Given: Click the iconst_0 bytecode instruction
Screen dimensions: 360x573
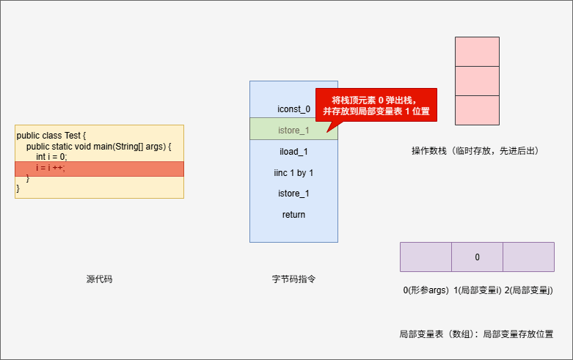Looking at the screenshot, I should point(293,109).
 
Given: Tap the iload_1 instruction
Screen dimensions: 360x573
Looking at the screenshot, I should point(293,152).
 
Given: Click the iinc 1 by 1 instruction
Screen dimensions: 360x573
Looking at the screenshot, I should point(293,173).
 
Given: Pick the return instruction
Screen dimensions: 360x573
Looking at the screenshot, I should point(293,215).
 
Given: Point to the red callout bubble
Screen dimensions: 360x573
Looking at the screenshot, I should point(376,106).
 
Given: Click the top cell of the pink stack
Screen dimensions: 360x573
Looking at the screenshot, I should point(477,51).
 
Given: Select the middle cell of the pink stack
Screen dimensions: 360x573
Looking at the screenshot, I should point(477,81).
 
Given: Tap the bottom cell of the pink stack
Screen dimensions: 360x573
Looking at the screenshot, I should point(477,110).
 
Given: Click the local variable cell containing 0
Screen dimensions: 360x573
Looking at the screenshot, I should point(477,257).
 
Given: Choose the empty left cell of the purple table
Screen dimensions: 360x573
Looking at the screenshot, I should point(426,257).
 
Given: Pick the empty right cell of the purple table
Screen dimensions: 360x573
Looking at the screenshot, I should point(528,257).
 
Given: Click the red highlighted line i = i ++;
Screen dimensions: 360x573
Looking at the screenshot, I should point(99,169).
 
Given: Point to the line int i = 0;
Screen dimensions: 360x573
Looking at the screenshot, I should point(51,157).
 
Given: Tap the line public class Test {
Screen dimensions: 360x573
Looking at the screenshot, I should point(51,136).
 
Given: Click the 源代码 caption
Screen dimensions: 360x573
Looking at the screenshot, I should point(99,279).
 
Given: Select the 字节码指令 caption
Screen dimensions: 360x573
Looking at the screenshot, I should point(293,279).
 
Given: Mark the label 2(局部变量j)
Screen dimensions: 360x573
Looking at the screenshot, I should point(528,290).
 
